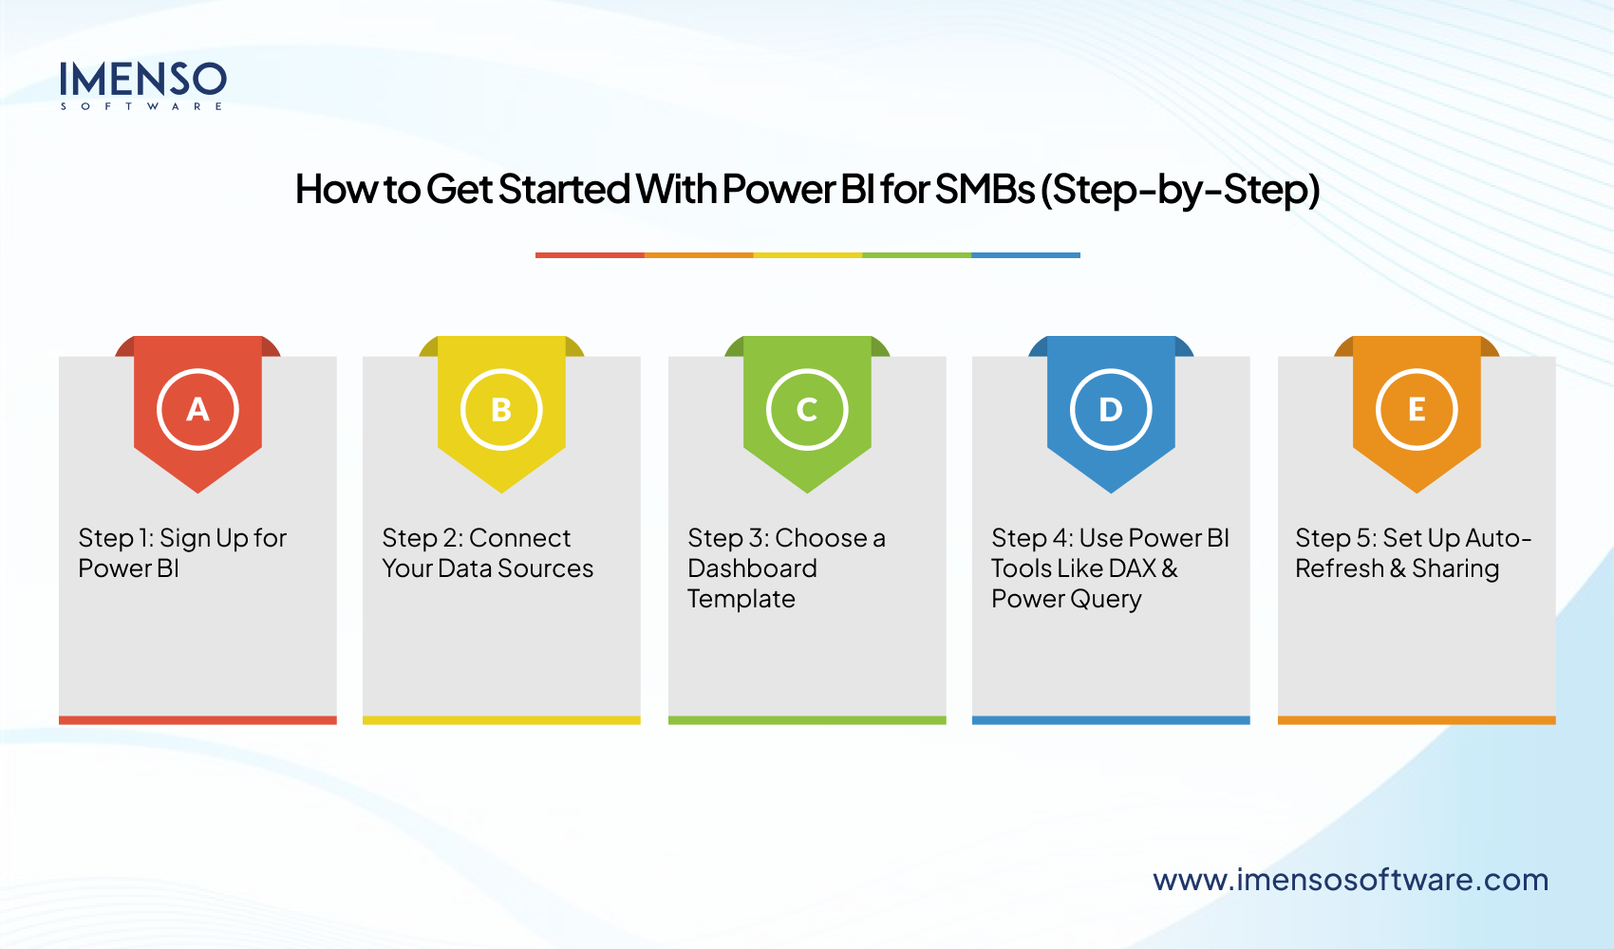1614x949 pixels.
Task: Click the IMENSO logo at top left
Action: click(142, 84)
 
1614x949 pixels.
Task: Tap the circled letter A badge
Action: click(197, 410)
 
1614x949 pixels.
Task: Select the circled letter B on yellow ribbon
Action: click(501, 410)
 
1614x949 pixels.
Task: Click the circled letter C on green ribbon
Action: click(807, 410)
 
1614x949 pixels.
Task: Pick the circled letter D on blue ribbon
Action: click(1111, 410)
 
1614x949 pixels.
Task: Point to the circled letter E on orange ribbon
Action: click(1417, 410)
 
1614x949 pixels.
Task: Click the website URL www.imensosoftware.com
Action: click(1350, 880)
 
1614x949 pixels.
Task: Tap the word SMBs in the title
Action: click(985, 189)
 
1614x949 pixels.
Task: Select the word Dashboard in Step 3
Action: click(752, 568)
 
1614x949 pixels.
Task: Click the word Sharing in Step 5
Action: click(1455, 568)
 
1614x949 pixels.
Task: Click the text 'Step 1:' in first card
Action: click(115, 538)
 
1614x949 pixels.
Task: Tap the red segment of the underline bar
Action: click(590, 255)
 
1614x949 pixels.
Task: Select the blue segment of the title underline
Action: click(1025, 255)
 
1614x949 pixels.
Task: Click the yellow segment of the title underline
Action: click(807, 255)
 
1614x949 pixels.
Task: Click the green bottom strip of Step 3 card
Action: click(807, 720)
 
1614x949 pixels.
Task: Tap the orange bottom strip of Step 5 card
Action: click(1417, 720)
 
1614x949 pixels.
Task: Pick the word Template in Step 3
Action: click(741, 599)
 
